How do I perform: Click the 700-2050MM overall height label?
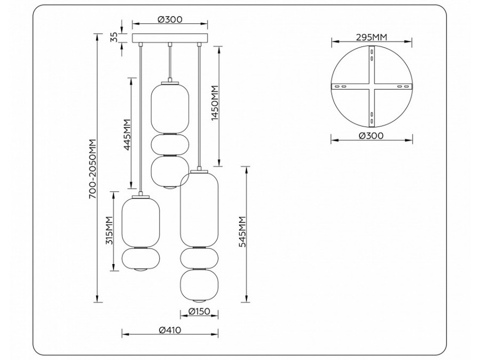click(x=92, y=169)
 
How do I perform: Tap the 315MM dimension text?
click(x=109, y=230)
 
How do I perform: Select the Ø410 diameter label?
click(x=170, y=330)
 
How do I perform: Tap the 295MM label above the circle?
click(x=371, y=37)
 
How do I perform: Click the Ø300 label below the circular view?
click(x=371, y=136)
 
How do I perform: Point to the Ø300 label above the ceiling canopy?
click(x=170, y=20)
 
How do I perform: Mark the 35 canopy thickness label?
click(x=113, y=37)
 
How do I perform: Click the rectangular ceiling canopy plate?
click(x=170, y=38)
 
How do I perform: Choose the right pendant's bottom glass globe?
click(x=199, y=288)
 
